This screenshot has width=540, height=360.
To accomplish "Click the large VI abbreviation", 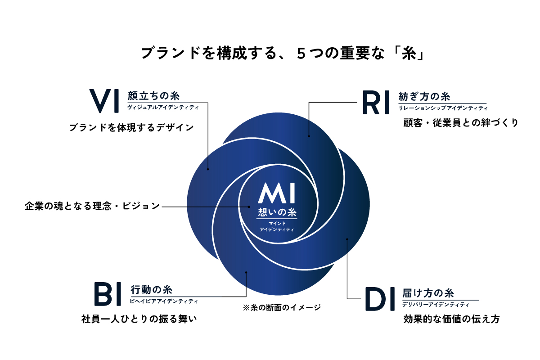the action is pos(104,101).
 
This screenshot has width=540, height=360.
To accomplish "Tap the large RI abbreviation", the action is pos(376,102).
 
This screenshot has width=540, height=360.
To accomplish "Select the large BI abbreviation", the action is pos(107,294).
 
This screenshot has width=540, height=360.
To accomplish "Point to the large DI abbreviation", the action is pos(380,299).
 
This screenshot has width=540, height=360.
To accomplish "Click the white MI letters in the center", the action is pos(276,193).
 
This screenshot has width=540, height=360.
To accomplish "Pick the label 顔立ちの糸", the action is pos(153,96).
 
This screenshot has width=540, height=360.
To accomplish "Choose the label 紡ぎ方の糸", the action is pos(424,96).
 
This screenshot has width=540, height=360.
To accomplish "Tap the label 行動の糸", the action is pos(151,290).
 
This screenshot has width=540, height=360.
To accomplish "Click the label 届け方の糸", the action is pos(428,293).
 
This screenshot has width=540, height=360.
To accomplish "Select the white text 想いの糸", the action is pos(277,212).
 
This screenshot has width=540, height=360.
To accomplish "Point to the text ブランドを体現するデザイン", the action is pos(131,127).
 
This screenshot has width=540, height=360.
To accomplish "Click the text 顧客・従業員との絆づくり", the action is pos(461,123).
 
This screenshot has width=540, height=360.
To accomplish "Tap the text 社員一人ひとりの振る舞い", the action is pos(139,319).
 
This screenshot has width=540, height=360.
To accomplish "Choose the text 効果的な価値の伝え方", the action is pos(451,319).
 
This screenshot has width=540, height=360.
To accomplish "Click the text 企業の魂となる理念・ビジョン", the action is pos(92,206).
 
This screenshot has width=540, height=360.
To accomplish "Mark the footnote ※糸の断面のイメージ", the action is pos(282,307).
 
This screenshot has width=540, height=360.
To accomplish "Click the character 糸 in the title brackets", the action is pos(409,53).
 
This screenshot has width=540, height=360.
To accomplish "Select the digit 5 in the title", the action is pos(301,54).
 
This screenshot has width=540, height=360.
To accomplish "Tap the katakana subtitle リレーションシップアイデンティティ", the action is pos(443,108).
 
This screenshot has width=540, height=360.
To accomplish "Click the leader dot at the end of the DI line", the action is pos(347,239).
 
